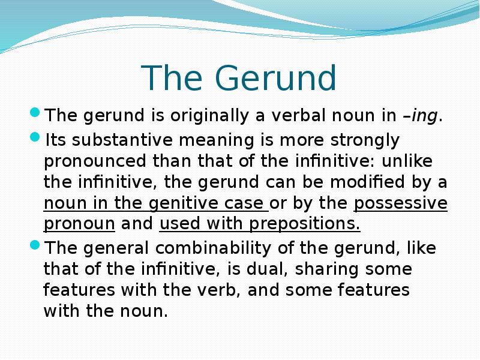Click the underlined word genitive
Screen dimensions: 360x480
pyautogui.click(x=193, y=203)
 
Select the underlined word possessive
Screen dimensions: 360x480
pyautogui.click(x=401, y=203)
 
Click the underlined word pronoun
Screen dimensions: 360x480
pyautogui.click(x=79, y=224)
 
